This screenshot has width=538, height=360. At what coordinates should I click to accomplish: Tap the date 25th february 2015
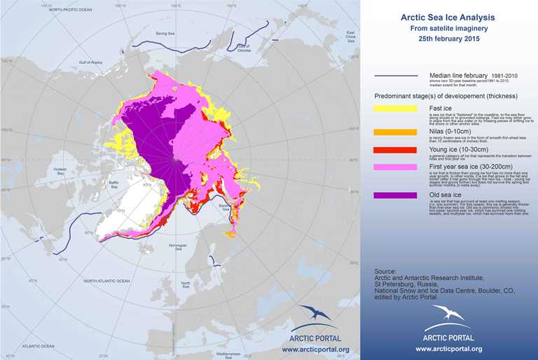click(x=448, y=39)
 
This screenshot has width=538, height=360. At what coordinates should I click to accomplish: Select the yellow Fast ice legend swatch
click(x=397, y=109)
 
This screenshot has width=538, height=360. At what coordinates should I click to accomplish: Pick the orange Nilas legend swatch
click(x=397, y=132)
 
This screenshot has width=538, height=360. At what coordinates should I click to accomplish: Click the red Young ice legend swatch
click(x=397, y=149)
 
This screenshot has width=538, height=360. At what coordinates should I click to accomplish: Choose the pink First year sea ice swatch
click(x=397, y=167)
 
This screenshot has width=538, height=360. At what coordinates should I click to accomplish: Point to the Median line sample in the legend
click(x=397, y=76)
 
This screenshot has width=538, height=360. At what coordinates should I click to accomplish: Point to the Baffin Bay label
click(x=110, y=186)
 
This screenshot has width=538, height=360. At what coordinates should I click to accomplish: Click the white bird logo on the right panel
click(x=448, y=315)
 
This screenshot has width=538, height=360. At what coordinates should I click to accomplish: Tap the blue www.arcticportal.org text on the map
click(x=315, y=348)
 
